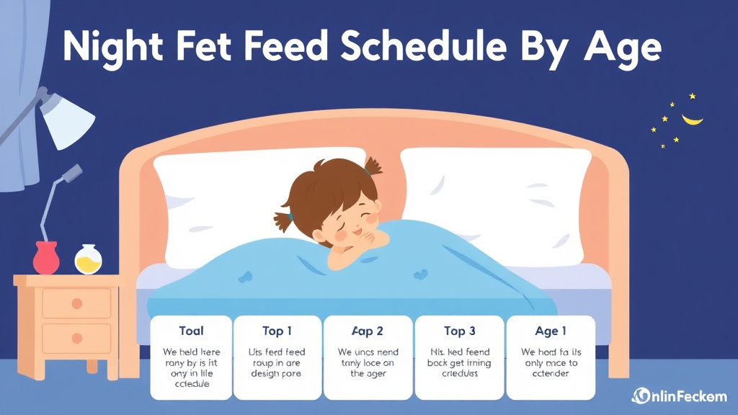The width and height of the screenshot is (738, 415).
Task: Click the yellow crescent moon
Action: coord(693,118)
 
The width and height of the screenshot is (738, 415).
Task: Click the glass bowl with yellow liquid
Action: coord(88,259)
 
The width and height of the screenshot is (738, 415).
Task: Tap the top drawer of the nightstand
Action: coord(76,303)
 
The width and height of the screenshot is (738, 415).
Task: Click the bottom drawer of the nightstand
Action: coord(76,338)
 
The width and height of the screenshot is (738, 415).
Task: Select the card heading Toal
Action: coord(191,331)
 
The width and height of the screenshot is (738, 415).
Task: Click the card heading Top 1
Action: coord(277,331)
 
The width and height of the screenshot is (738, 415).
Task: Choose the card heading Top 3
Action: coord(459,331)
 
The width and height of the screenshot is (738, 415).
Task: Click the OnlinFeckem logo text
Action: coord(680,396)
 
